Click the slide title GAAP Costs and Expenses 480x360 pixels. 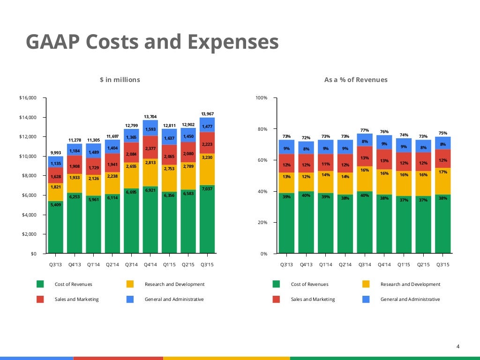click(152, 42)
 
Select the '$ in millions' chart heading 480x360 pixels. click(120, 80)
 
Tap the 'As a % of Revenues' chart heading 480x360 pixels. click(356, 80)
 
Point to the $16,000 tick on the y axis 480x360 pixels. click(28, 98)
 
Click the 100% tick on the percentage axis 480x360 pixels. click(261, 98)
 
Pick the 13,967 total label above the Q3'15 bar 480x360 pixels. click(207, 114)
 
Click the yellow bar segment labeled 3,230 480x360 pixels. click(207, 159)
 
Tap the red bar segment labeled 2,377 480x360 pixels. click(150, 149)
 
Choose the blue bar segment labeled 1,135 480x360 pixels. click(55, 163)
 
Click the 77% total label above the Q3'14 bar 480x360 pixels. click(364, 130)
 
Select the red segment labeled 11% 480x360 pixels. click(326, 164)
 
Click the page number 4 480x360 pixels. click(458, 346)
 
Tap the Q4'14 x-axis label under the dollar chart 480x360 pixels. click(150, 265)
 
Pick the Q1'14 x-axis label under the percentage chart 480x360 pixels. click(326, 265)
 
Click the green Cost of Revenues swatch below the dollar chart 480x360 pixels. click(40, 284)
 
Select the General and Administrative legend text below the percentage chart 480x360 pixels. click(410, 299)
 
